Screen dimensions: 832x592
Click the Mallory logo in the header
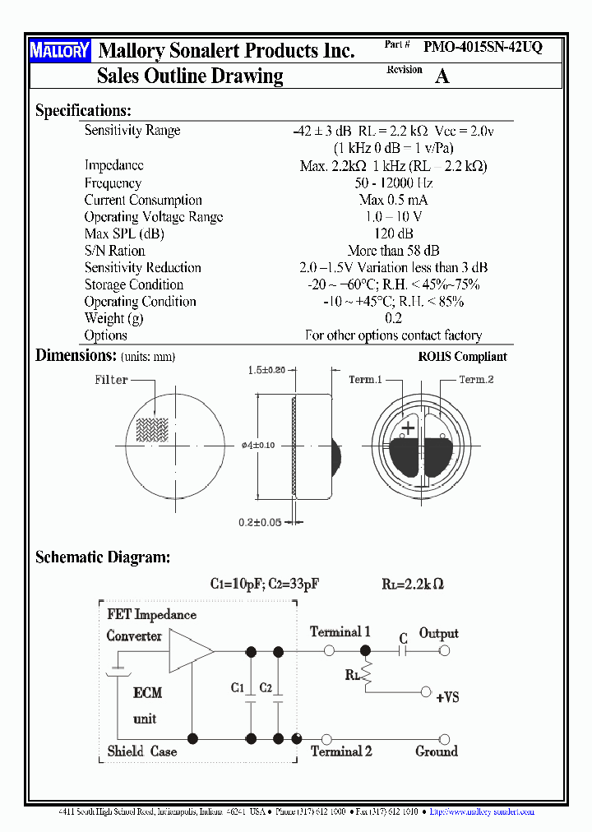click(60, 51)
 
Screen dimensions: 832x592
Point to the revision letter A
click(442, 76)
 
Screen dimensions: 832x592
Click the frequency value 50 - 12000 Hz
click(393, 183)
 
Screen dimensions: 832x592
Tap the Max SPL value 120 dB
click(393, 233)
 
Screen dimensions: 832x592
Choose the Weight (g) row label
click(114, 318)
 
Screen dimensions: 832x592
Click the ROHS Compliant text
click(462, 357)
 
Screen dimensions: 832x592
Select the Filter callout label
click(111, 380)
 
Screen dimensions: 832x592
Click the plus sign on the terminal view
click(408, 428)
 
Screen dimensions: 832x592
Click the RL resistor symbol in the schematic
click(367, 677)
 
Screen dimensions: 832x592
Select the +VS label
click(447, 697)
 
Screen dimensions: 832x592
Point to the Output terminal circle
click(445, 650)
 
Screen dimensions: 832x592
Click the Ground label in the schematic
click(437, 751)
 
